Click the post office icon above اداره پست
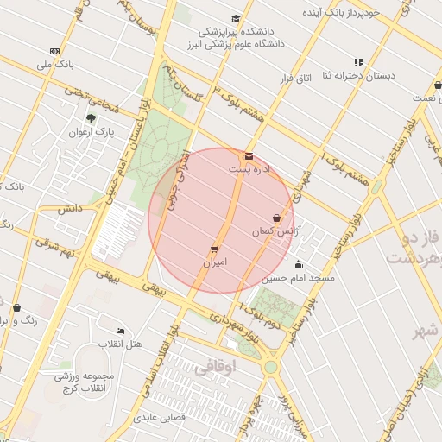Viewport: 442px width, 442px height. click(249, 156)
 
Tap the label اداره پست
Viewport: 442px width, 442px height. click(249, 169)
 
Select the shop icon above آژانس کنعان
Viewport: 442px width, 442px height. click(276, 218)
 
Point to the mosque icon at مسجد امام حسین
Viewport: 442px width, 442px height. click(299, 265)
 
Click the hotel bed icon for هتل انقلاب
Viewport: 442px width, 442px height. click(120, 331)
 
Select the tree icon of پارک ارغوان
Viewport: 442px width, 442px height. click(91, 118)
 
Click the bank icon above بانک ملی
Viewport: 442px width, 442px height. click(55, 51)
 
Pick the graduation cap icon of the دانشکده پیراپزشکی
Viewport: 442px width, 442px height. click(236, 19)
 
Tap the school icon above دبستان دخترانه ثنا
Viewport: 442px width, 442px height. click(358, 62)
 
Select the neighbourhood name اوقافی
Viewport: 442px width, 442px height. click(214, 367)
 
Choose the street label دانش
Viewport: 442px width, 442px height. click(70, 208)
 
